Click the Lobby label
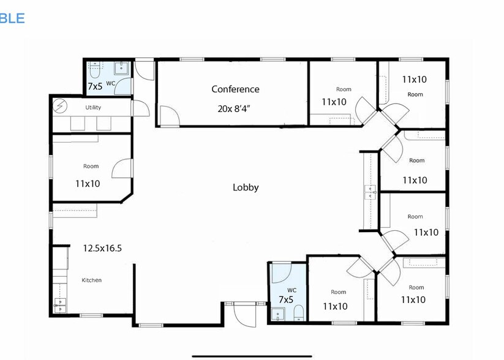tap(246, 187)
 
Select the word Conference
tap(235, 89)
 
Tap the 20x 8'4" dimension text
tap(236, 108)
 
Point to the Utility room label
tap(93, 108)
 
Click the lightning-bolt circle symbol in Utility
tap(60, 107)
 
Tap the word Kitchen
tap(92, 280)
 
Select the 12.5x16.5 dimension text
tap(102, 248)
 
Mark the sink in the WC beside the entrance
tap(277, 315)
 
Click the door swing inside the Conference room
tap(168, 115)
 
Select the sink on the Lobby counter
tap(370, 192)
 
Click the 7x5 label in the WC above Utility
tap(95, 86)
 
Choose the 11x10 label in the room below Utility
tap(88, 183)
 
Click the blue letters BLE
tap(12, 18)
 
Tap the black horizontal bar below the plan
tap(252, 355)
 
